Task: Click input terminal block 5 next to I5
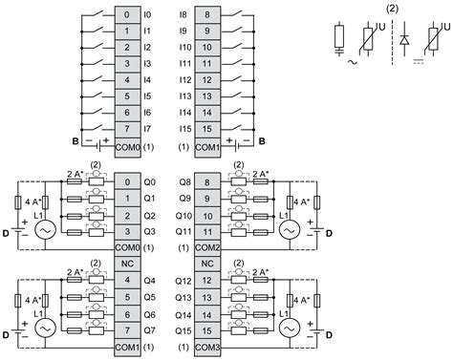[127, 96]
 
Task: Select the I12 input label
[184, 80]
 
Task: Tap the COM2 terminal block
[207, 247]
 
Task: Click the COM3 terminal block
[207, 347]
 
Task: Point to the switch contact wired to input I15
[236, 127]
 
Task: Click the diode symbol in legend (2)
[404, 40]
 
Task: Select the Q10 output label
[183, 216]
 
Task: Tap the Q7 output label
[149, 330]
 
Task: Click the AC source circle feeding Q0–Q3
[45, 230]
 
